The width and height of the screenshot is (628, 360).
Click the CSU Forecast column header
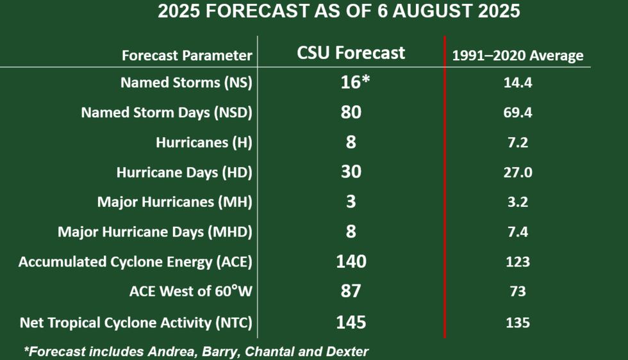pos(351,53)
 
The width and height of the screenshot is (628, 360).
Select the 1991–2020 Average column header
pos(518,56)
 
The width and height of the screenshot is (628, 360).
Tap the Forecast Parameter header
pos(187,56)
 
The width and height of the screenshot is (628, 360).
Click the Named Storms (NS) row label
pos(186,83)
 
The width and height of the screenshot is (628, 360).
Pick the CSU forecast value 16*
pos(352,82)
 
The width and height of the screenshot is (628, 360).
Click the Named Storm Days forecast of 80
pos(351,112)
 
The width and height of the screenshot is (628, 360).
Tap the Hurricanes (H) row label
pos(204,142)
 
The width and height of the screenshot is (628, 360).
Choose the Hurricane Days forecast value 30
pos(351,172)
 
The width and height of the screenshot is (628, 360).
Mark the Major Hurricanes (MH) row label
pos(174,202)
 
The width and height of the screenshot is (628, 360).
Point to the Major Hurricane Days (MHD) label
pos(155,232)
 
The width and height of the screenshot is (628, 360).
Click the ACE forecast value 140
pos(351,261)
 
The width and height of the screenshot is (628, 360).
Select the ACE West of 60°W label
pos(190,291)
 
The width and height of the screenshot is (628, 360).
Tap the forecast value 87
pos(351,291)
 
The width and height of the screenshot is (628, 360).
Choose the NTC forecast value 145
pos(351,321)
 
